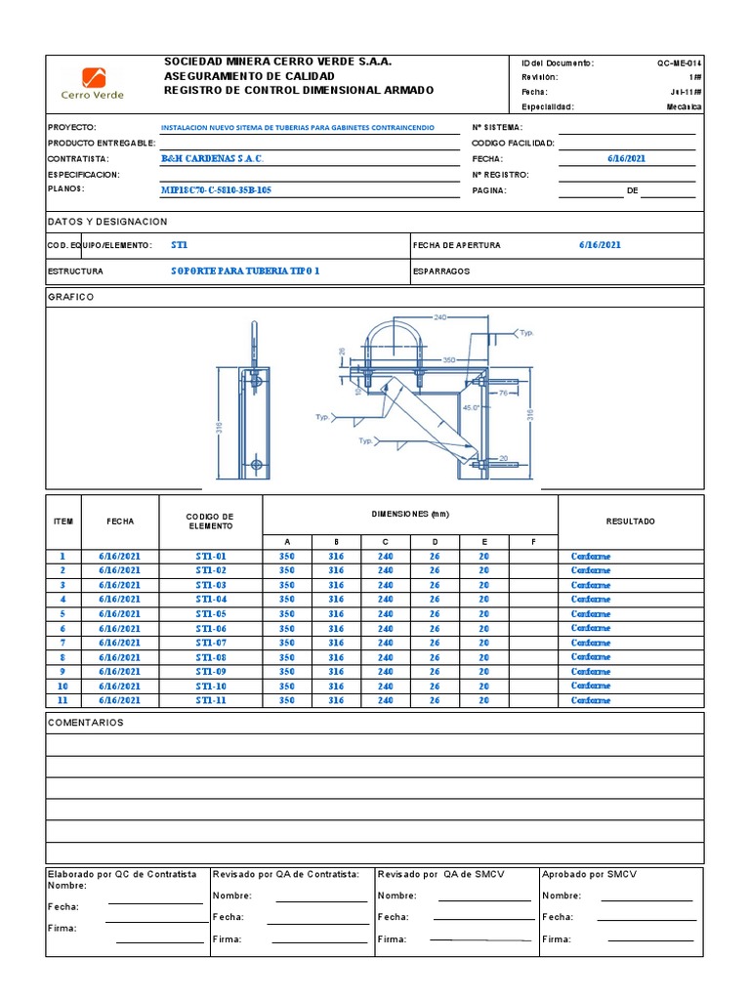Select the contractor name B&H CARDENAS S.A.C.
coord(212,158)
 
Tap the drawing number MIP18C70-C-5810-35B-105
coord(216,189)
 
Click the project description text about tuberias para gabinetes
coord(297,128)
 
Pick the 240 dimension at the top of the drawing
coord(440,317)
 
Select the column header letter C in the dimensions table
coord(386,541)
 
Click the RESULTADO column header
coord(630,521)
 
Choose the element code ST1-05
coord(211,614)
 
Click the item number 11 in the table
coord(62,700)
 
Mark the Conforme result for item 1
coord(591,557)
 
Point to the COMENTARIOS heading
coord(86,723)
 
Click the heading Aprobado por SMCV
coord(588,874)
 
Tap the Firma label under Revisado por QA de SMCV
coord(392,938)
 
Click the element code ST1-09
coord(211,672)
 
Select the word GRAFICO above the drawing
coord(71,297)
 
